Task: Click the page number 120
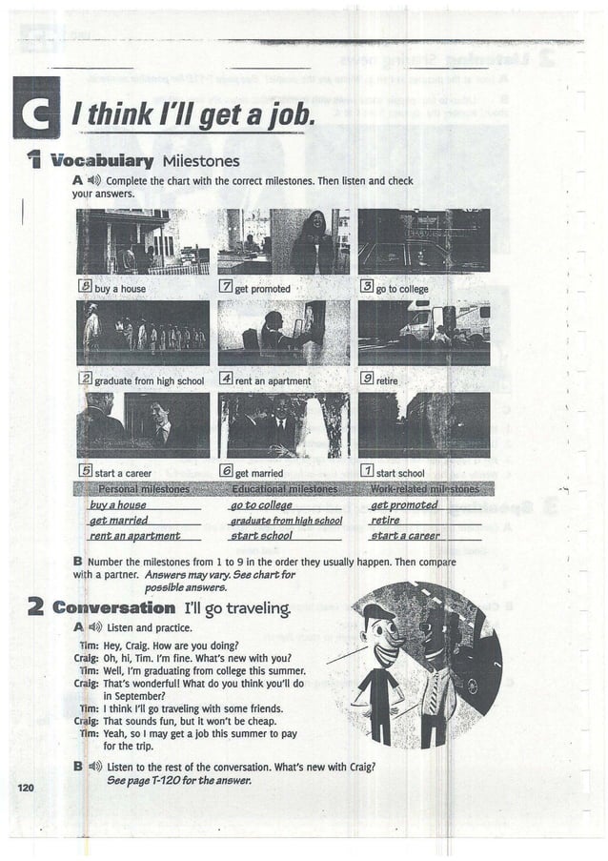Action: [26, 787]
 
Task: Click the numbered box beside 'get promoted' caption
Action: [226, 287]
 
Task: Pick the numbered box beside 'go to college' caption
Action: [366, 287]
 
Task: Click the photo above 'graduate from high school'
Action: [143, 333]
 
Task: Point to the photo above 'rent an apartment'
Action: [283, 333]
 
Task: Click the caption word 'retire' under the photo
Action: [388, 381]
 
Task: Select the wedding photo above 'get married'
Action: [283, 425]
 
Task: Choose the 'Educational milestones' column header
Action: [284, 489]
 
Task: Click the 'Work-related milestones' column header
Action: [424, 489]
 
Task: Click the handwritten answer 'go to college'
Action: [261, 504]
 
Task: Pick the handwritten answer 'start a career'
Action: [405, 536]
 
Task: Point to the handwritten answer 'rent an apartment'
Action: [135, 536]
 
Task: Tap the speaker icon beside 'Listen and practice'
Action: [94, 627]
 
